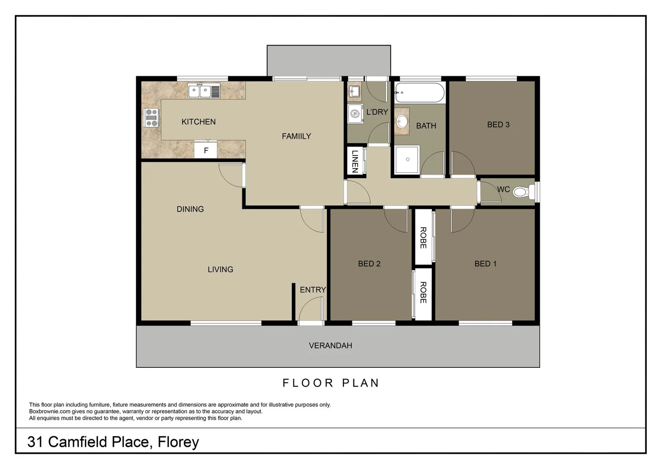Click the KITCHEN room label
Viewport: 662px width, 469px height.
click(x=198, y=122)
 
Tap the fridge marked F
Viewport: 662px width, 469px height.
click(x=206, y=151)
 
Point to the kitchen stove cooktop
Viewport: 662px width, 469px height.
click(x=151, y=118)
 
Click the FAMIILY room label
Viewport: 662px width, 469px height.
click(x=296, y=136)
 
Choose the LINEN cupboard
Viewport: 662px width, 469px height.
click(x=355, y=162)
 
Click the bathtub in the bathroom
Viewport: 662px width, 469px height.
click(x=419, y=92)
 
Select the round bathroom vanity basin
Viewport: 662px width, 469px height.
click(x=402, y=121)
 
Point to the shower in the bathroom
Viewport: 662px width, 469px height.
click(x=407, y=159)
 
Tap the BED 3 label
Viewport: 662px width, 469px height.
click(x=498, y=125)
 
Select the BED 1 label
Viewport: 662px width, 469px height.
click(x=485, y=264)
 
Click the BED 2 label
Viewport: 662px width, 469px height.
click(x=369, y=264)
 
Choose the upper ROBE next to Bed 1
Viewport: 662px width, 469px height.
click(x=423, y=238)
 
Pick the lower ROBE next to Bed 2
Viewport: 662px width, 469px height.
click(x=423, y=293)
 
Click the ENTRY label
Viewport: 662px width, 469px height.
click(x=313, y=290)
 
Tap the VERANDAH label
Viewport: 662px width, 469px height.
click(x=330, y=346)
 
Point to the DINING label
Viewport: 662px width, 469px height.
click(x=190, y=209)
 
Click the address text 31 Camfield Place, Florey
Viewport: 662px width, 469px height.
click(x=113, y=442)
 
